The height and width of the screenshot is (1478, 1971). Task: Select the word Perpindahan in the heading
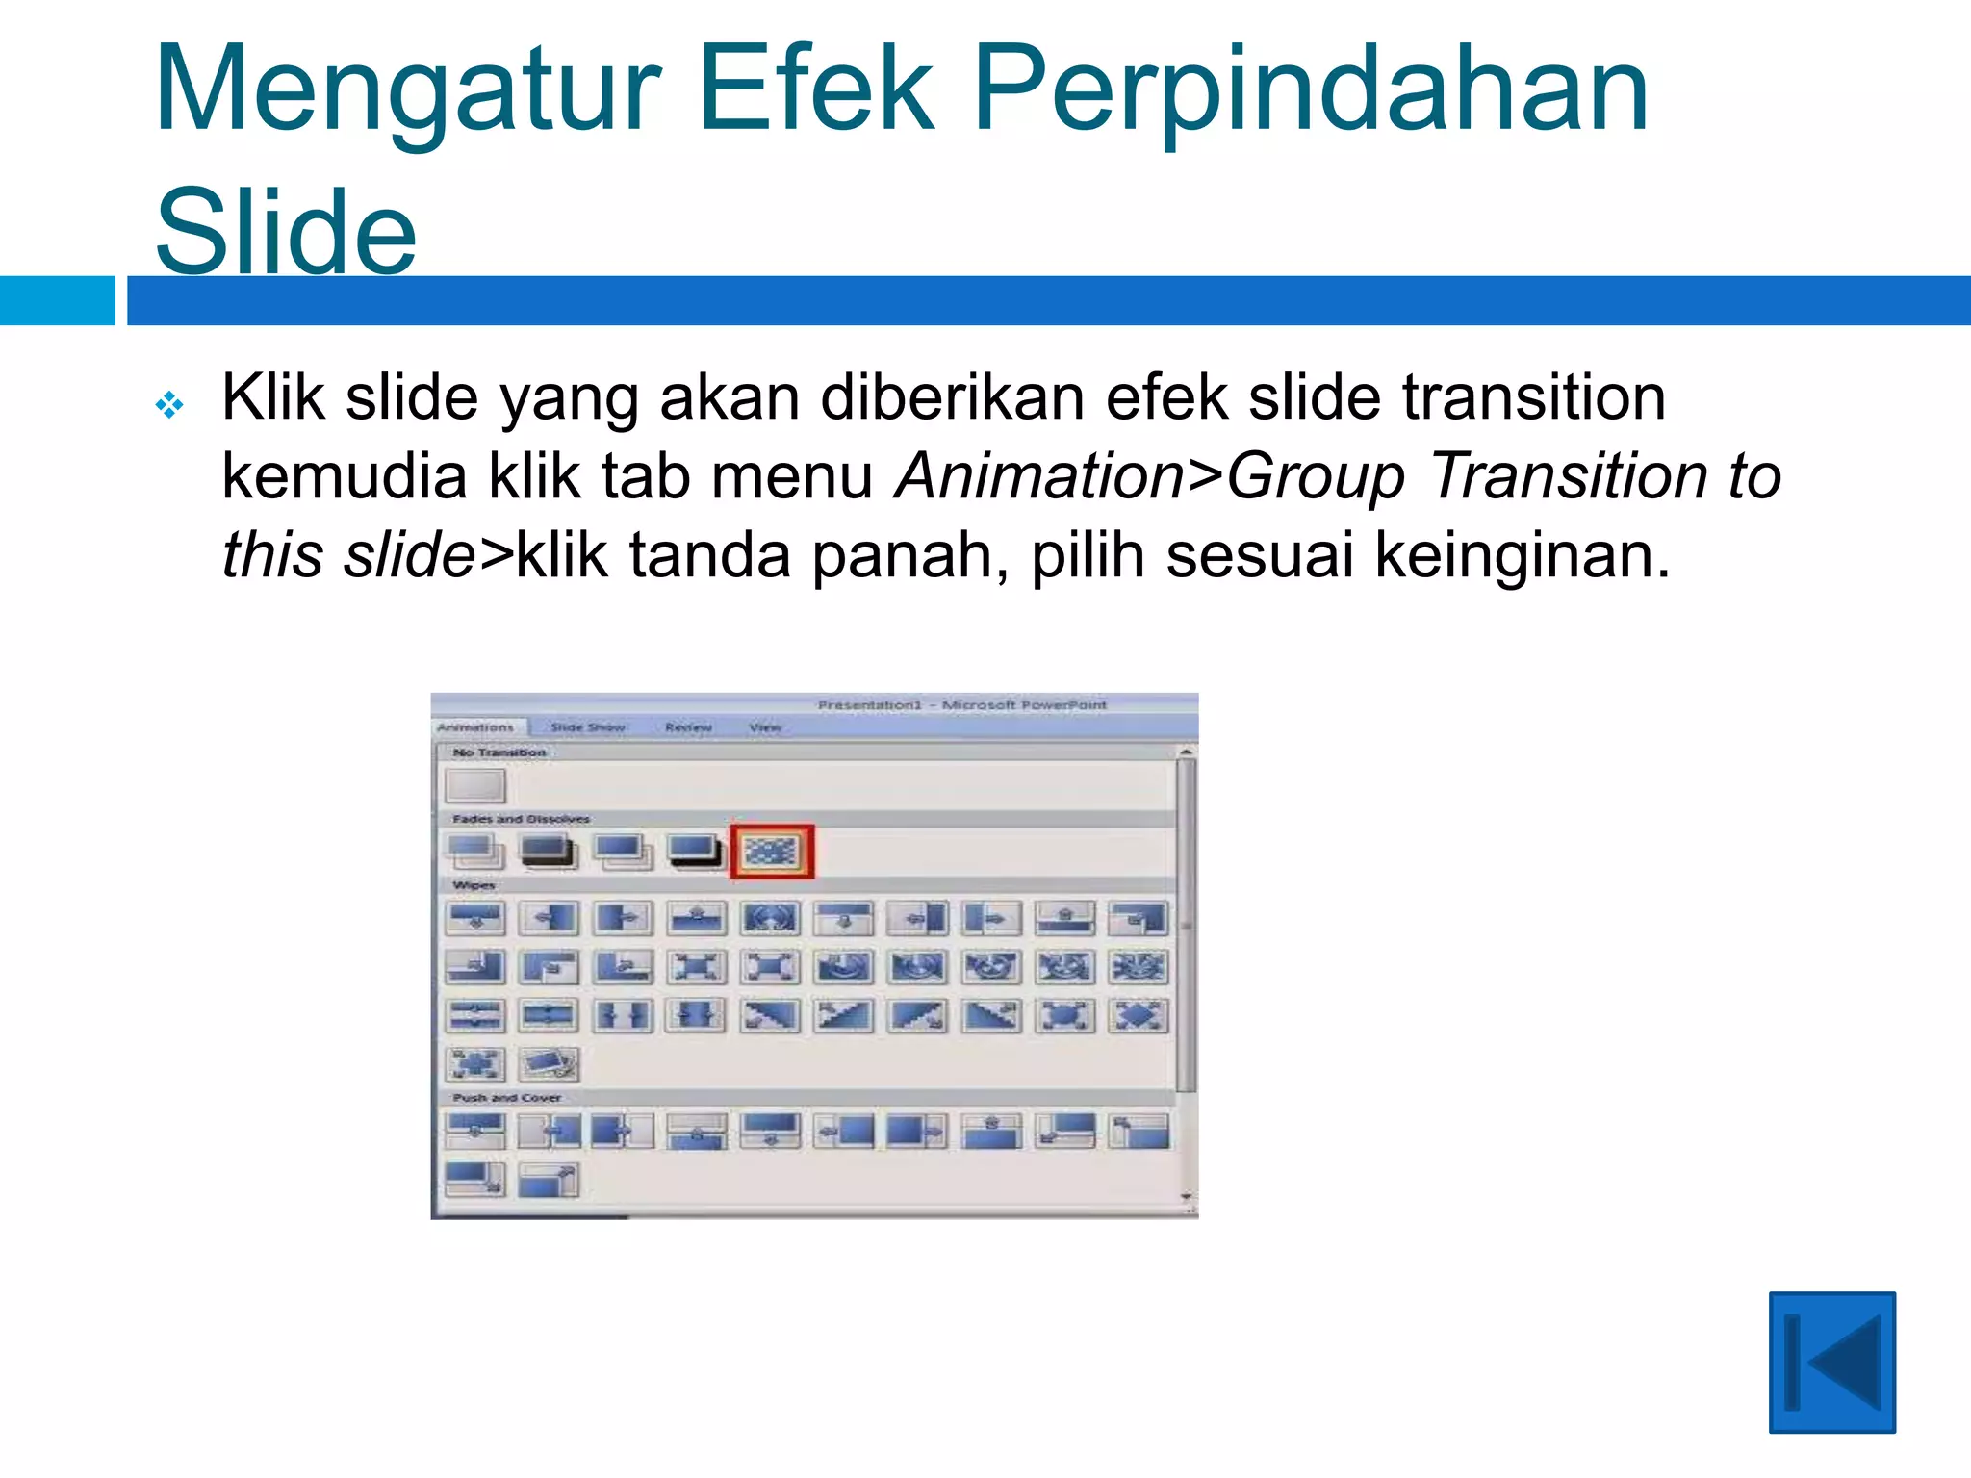pos(1311,91)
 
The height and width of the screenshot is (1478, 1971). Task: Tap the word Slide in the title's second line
pos(286,232)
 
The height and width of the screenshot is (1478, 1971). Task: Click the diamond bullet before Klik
pos(169,404)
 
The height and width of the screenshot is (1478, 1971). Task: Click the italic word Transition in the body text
pos(1568,475)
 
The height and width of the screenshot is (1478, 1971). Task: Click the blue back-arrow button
pos(1831,1362)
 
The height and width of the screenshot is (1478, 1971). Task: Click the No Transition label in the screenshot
pos(499,752)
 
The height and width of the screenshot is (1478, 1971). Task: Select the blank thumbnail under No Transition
pos(475,785)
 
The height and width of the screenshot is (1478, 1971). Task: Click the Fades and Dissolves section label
pos(521,819)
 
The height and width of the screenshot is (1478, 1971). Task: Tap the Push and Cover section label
pos(507,1097)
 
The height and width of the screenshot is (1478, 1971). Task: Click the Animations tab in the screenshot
pos(475,727)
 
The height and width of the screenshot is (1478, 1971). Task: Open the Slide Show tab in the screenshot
pos(587,727)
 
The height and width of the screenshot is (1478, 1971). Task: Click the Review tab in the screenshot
pos(688,727)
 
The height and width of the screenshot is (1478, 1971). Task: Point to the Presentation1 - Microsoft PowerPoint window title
pos(962,705)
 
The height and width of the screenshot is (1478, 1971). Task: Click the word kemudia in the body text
pos(345,475)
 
